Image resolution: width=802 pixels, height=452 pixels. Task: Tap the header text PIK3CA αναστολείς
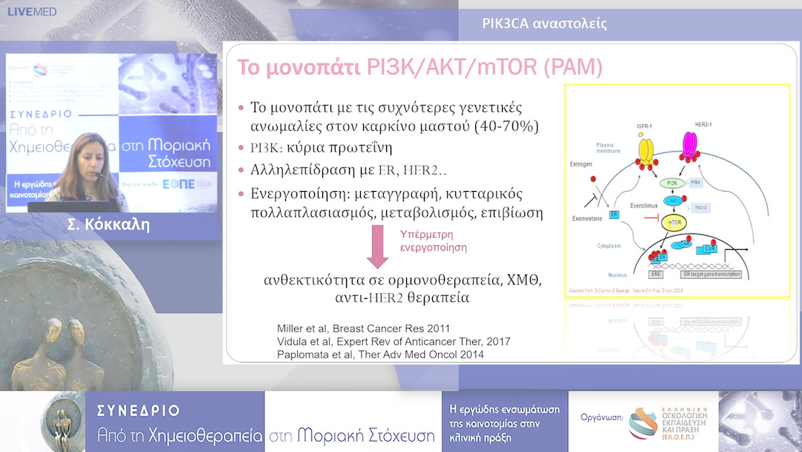[544, 23]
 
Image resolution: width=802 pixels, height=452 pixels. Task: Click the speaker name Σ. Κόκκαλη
[113, 225]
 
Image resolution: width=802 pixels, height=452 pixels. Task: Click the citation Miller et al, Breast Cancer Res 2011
[363, 328]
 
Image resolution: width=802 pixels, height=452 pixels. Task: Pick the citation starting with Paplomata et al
[380, 355]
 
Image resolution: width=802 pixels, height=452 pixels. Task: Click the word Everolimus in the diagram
[629, 201]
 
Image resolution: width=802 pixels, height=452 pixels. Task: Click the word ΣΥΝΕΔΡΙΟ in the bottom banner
[139, 411]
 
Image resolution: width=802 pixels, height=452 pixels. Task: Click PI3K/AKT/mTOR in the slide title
[453, 68]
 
